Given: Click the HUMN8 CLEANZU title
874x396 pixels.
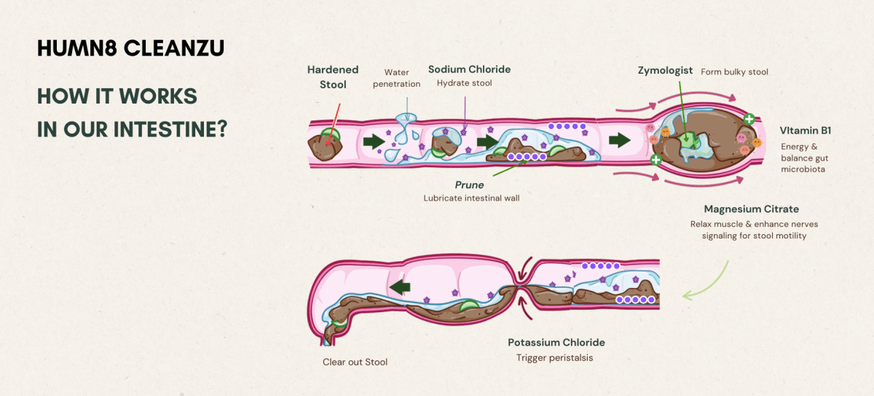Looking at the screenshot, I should pos(130,48).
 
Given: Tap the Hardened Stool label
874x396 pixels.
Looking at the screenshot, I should pos(333,77).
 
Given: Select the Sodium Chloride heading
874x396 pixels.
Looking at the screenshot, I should pos(469,69).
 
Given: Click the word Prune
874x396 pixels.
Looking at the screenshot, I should pos(469,185).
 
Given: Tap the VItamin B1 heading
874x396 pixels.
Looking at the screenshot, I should pos(805,131).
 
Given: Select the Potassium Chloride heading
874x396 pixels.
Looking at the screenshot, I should pos(556,342).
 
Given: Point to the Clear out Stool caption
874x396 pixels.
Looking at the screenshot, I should pos(355,362).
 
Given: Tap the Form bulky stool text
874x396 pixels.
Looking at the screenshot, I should pos(734,72).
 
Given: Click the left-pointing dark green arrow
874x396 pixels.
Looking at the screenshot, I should pos(398,288).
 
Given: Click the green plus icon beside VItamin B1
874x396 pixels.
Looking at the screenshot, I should pos(749,118).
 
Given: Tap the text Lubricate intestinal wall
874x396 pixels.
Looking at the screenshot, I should pos(470,198).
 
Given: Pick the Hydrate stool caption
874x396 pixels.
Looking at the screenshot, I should pos(465,83).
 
